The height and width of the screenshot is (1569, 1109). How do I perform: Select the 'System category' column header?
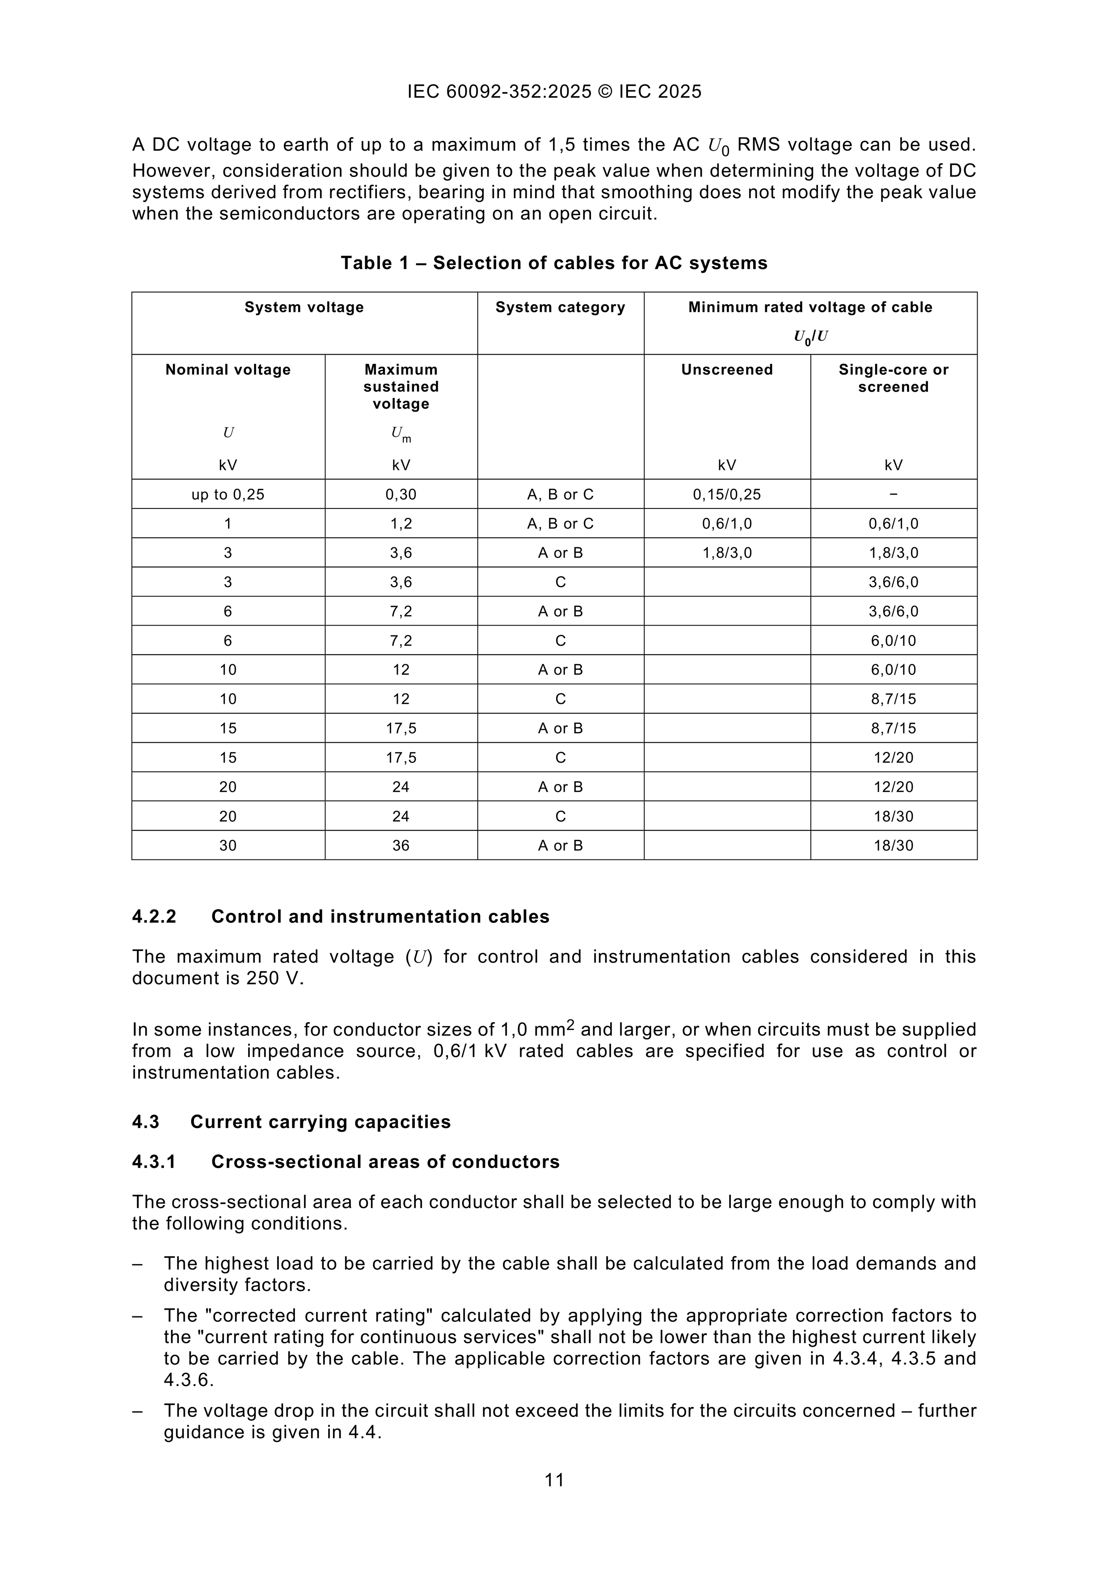pyautogui.click(x=560, y=308)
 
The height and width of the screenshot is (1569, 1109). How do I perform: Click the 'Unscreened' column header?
pyautogui.click(x=727, y=370)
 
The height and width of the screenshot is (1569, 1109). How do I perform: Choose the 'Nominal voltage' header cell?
pyautogui.click(x=228, y=370)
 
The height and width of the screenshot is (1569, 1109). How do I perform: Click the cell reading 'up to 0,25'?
pyautogui.click(x=228, y=494)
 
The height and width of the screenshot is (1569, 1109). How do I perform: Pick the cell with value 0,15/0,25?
pyautogui.click(x=727, y=494)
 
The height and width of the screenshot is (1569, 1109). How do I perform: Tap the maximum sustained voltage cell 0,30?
pyautogui.click(x=401, y=494)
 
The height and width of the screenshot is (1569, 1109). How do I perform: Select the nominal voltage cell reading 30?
pyautogui.click(x=228, y=846)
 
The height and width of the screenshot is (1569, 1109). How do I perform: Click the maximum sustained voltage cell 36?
pyautogui.click(x=401, y=846)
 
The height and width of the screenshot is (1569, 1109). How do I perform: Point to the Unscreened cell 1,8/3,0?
pyautogui.click(x=727, y=553)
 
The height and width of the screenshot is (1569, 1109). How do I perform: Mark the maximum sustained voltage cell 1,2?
pyautogui.click(x=401, y=524)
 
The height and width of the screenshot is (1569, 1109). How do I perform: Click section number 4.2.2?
pyautogui.click(x=154, y=916)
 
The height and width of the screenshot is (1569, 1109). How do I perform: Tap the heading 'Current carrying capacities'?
pyautogui.click(x=320, y=1122)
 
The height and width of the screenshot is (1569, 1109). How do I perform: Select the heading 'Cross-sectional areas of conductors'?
pyautogui.click(x=385, y=1162)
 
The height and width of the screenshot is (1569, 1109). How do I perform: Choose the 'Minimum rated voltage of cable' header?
pyautogui.click(x=810, y=308)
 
